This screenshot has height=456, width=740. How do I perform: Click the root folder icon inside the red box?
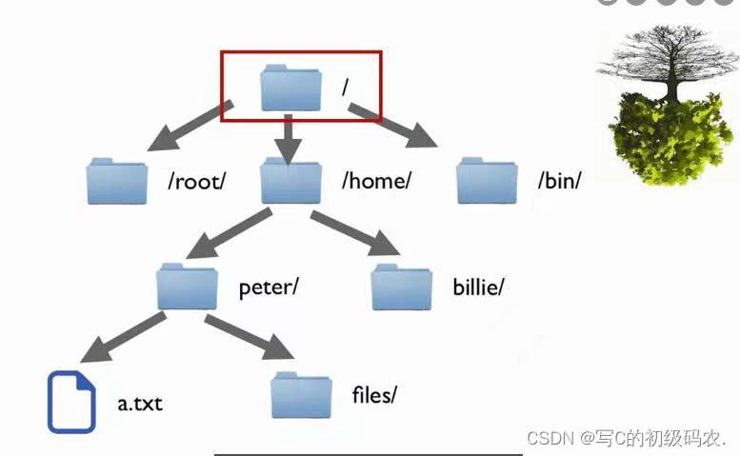[x=290, y=88]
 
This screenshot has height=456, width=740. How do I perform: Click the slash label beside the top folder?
[x=346, y=87]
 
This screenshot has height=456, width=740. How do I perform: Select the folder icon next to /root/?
[x=116, y=181]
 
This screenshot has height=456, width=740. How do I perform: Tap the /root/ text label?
[x=196, y=181]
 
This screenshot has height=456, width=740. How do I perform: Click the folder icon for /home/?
[x=290, y=181]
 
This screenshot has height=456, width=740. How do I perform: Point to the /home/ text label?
[x=376, y=181]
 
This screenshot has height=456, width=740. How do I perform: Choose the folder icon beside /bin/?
[x=487, y=181]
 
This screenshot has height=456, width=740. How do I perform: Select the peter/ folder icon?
[x=187, y=286]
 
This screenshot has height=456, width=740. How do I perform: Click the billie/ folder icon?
[x=401, y=286]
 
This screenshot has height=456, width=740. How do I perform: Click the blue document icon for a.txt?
[x=71, y=402]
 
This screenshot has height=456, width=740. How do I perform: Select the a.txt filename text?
[x=140, y=404]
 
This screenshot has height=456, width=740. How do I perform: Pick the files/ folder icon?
[x=301, y=394]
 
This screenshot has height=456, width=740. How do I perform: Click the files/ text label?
[x=372, y=394]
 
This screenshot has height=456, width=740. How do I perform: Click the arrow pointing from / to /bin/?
[x=393, y=126]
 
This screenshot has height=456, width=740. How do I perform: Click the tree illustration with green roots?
[x=666, y=104]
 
